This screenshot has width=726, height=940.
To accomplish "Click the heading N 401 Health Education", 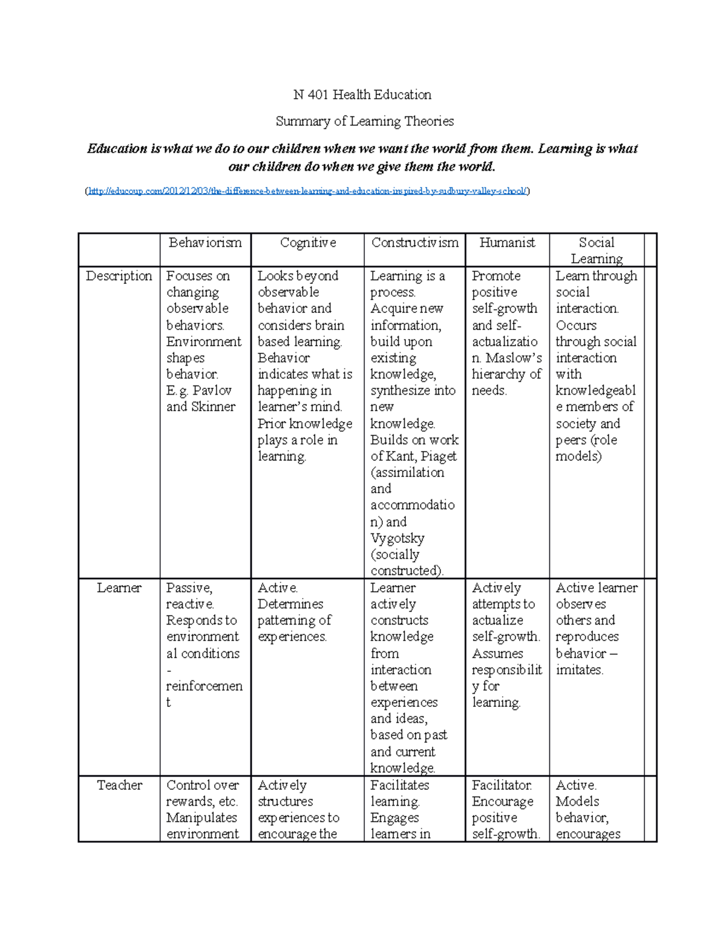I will [362, 94].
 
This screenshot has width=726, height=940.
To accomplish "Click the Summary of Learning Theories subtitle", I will [364, 121].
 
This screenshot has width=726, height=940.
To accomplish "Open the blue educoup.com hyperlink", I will [307, 191].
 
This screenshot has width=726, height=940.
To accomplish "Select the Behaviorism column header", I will [205, 243].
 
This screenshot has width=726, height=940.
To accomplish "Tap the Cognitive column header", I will [307, 243].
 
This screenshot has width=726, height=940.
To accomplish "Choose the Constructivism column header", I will [414, 243].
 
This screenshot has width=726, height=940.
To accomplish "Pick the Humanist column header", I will [507, 243].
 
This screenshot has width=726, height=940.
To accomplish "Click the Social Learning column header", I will [597, 250].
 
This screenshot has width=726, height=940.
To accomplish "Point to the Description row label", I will [119, 276].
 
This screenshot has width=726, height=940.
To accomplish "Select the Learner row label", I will [119, 588].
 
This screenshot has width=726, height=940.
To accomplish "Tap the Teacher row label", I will [119, 785].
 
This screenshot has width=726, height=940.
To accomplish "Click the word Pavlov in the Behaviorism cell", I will [212, 390].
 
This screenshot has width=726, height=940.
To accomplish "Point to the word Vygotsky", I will [397, 538].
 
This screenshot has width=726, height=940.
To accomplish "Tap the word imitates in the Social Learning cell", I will [579, 670].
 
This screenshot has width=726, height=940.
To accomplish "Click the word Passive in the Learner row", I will [189, 588].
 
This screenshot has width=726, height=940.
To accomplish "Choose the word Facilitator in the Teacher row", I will [502, 785].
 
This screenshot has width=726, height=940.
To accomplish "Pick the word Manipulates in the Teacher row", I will [201, 818].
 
